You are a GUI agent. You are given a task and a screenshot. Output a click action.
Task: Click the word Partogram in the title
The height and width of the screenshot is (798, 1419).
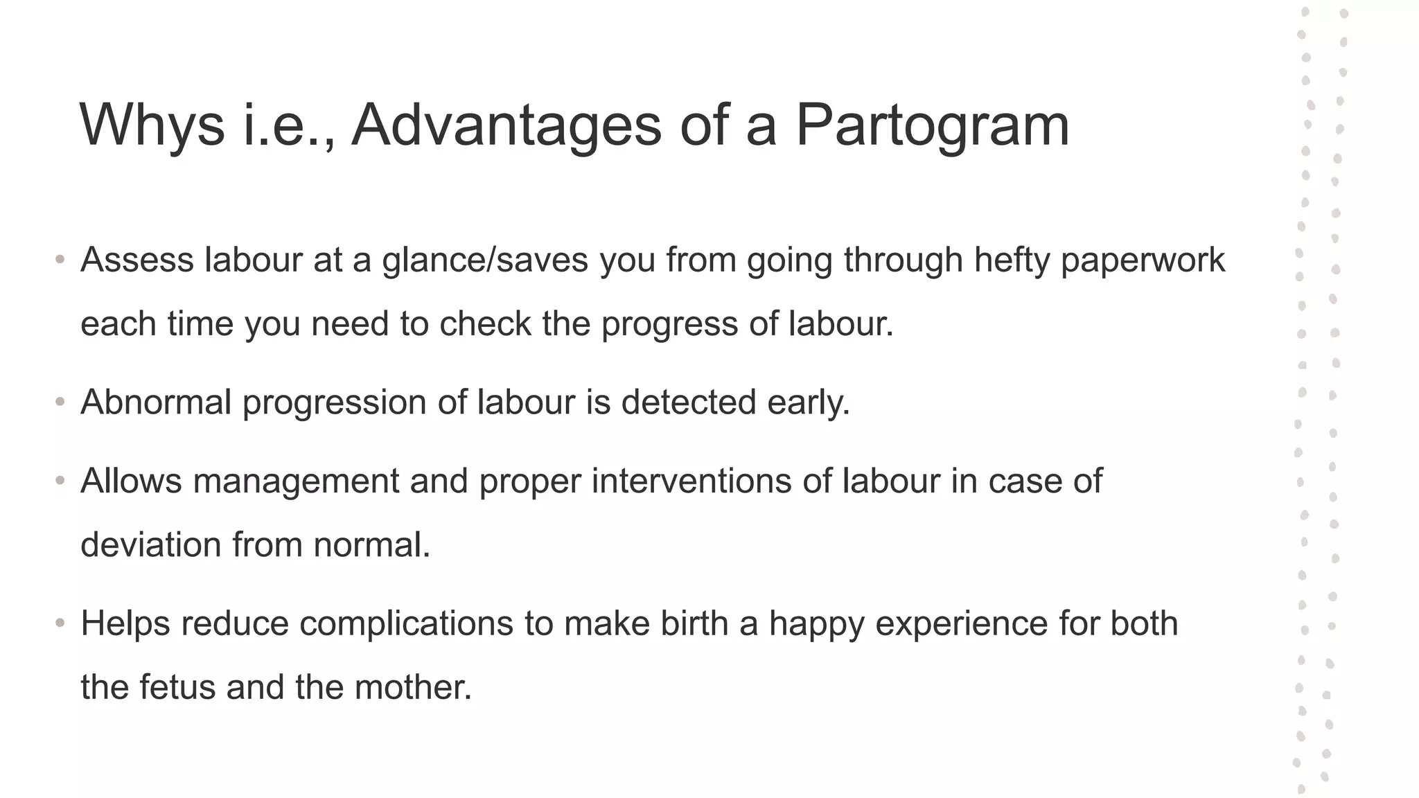pyautogui.click(x=932, y=126)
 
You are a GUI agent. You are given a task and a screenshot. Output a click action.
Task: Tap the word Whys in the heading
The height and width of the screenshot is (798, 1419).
pyautogui.click(x=152, y=126)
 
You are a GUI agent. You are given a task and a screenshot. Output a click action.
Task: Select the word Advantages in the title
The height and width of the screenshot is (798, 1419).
pyautogui.click(x=506, y=126)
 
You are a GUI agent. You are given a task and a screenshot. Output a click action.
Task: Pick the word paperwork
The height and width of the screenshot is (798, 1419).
pyautogui.click(x=1143, y=260)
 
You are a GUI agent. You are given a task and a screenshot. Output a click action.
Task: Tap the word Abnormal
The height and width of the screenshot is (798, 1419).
pyautogui.click(x=156, y=402)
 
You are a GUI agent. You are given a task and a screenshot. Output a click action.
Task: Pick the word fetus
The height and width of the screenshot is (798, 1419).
pyautogui.click(x=177, y=688)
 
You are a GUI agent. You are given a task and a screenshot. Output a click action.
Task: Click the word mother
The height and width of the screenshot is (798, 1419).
pyautogui.click(x=413, y=688)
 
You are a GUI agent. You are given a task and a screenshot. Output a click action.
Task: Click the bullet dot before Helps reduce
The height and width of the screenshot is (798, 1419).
pyautogui.click(x=60, y=623)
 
